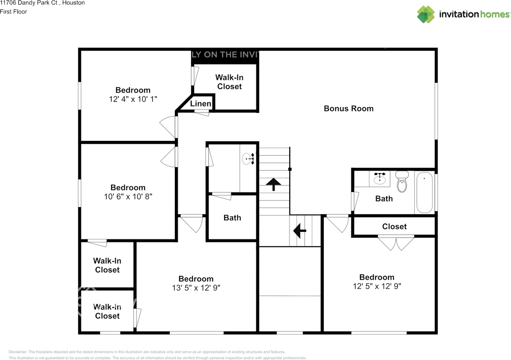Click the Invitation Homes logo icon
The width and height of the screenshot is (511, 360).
point(426,14)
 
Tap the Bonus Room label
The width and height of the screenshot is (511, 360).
point(349,109)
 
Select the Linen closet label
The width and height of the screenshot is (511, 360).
point(200,104)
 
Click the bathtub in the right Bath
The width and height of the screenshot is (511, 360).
point(424,192)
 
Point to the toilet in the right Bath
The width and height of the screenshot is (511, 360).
point(402,183)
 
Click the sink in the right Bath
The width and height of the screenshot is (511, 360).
point(380,179)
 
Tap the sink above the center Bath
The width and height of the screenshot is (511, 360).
point(248,159)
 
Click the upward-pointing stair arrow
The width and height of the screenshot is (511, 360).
point(274,184)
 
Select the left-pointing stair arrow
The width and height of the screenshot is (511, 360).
point(299,230)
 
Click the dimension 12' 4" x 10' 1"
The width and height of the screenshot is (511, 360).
point(133,99)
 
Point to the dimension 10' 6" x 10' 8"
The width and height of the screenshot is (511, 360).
point(128,196)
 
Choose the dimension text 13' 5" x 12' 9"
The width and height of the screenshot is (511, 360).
point(196,288)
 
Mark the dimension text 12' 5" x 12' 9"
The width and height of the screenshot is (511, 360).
point(376,286)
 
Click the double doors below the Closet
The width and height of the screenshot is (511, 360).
point(396,243)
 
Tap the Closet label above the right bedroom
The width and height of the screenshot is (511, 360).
point(394,226)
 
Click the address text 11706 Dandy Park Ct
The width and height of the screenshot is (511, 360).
point(42,3)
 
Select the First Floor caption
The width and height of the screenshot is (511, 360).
point(14,12)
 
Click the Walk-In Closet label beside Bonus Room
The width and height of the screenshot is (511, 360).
point(229,82)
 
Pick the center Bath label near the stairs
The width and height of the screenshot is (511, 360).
point(232,218)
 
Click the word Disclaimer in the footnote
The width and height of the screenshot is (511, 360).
point(18,352)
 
